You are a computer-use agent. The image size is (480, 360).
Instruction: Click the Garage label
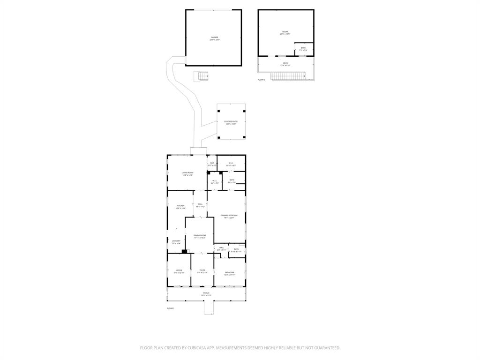[x=214, y=37]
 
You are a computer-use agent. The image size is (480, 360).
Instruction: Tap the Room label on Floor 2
[x=285, y=32]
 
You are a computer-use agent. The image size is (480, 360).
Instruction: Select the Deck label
[x=285, y=63]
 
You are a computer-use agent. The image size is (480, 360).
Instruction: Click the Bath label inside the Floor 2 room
[x=303, y=48]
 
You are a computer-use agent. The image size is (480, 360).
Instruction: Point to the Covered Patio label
[x=231, y=121]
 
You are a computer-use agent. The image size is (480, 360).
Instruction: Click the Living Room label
[x=187, y=172]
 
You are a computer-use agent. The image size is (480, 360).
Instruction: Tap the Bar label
[x=212, y=163]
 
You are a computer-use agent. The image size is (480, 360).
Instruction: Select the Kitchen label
[x=180, y=206]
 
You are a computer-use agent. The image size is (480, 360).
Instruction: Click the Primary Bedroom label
[x=229, y=215]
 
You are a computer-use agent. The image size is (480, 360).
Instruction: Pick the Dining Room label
[x=200, y=235]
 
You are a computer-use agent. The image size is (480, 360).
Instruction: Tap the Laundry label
[x=176, y=241]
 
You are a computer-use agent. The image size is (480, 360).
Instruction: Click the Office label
[x=179, y=270]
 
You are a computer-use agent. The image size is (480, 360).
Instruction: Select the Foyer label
[x=202, y=270]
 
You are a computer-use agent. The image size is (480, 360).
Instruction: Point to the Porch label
[x=206, y=293]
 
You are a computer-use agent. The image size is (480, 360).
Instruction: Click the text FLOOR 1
[x=171, y=308]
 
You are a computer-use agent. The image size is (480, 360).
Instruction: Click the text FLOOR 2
[x=262, y=80]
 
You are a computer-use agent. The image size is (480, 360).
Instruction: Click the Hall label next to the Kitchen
[x=200, y=204]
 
